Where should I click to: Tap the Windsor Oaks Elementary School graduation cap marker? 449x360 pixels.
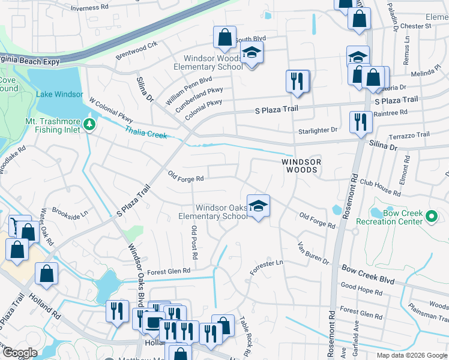pyautogui.click(x=258, y=206)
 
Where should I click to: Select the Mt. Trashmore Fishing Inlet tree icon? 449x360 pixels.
pyautogui.click(x=90, y=124)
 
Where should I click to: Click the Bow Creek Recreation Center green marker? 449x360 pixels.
pyautogui.click(x=432, y=216)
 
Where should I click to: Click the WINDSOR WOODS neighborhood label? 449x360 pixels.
pyautogui.click(x=301, y=166)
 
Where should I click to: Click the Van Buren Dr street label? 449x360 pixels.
pyautogui.click(x=314, y=254)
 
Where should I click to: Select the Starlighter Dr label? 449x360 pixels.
pyautogui.click(x=318, y=130)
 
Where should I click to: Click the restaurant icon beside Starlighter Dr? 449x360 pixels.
pyautogui.click(x=361, y=121)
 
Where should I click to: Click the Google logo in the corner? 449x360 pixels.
pyautogui.click(x=20, y=353)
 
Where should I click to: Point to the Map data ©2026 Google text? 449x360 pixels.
pyautogui.click(x=412, y=355)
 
